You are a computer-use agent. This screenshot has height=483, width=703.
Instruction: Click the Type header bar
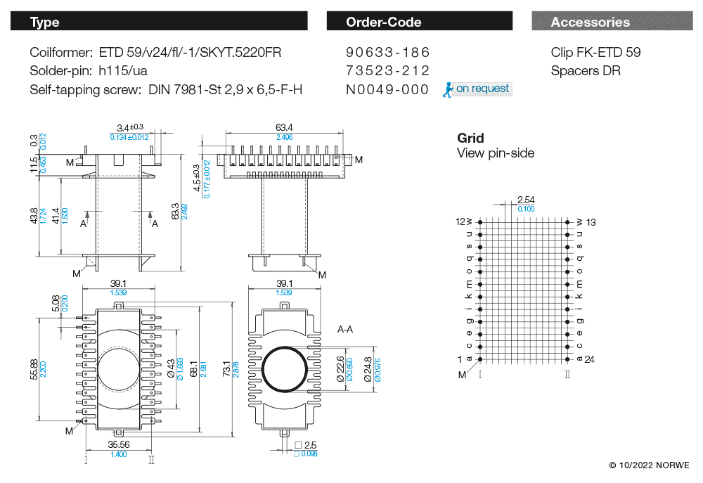click(158, 22)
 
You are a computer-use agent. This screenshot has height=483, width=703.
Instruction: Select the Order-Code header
click(419, 22)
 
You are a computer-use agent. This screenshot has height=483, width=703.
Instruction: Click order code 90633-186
click(387, 53)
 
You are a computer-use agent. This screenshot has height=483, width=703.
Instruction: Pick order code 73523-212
click(387, 71)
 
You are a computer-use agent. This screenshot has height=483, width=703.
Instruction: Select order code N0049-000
click(387, 89)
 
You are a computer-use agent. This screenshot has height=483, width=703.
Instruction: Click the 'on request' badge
click(477, 89)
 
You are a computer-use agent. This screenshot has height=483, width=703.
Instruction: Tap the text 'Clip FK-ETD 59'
click(595, 53)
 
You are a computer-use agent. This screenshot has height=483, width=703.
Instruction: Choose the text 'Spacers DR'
click(586, 71)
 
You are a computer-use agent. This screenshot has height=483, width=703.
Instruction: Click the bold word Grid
click(470, 138)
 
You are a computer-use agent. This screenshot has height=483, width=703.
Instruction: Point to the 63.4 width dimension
click(284, 127)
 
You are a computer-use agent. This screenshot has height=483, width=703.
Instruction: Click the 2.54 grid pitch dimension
click(525, 200)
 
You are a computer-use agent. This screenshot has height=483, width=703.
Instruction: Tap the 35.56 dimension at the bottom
click(118, 444)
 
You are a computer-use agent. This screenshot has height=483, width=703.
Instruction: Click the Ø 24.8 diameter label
click(367, 370)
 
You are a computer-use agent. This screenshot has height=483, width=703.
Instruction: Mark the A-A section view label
click(344, 329)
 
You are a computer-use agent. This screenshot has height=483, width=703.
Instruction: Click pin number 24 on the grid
click(589, 359)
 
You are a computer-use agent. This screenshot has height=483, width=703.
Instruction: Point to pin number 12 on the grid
click(460, 222)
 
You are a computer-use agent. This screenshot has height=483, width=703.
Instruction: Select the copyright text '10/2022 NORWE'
click(649, 465)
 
